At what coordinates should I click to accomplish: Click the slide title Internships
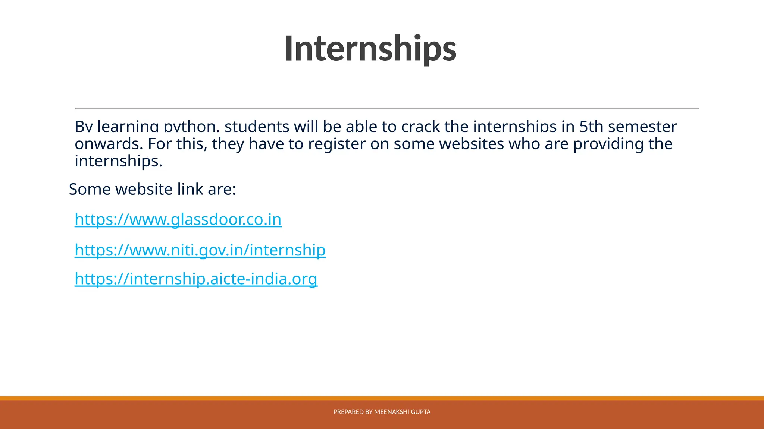click(x=370, y=49)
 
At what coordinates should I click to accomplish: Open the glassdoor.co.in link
click(x=178, y=219)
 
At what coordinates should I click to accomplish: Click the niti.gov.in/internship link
click(x=200, y=250)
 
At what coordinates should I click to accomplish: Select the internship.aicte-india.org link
click(x=196, y=279)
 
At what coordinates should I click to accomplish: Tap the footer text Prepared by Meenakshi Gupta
click(x=382, y=412)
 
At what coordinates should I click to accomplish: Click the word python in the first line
click(x=190, y=127)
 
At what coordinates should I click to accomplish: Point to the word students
click(x=257, y=127)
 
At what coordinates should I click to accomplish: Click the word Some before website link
click(x=90, y=189)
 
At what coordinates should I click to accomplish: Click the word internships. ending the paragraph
click(x=119, y=161)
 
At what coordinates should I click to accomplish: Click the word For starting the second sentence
click(x=159, y=144)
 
